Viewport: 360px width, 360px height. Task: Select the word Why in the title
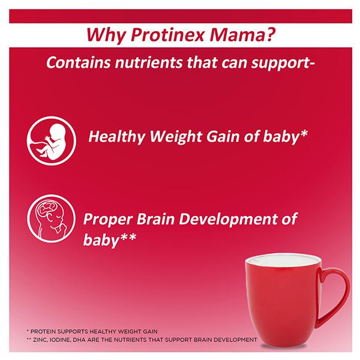click(106, 35)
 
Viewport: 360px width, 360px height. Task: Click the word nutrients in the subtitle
click(148, 62)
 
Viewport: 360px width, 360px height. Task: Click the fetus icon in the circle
click(52, 140)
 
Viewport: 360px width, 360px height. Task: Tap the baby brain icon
click(51, 218)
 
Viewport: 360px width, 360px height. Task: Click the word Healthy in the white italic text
click(116, 137)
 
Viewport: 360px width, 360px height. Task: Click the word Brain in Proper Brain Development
click(155, 219)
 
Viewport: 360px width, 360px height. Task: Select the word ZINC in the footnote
click(40, 340)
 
